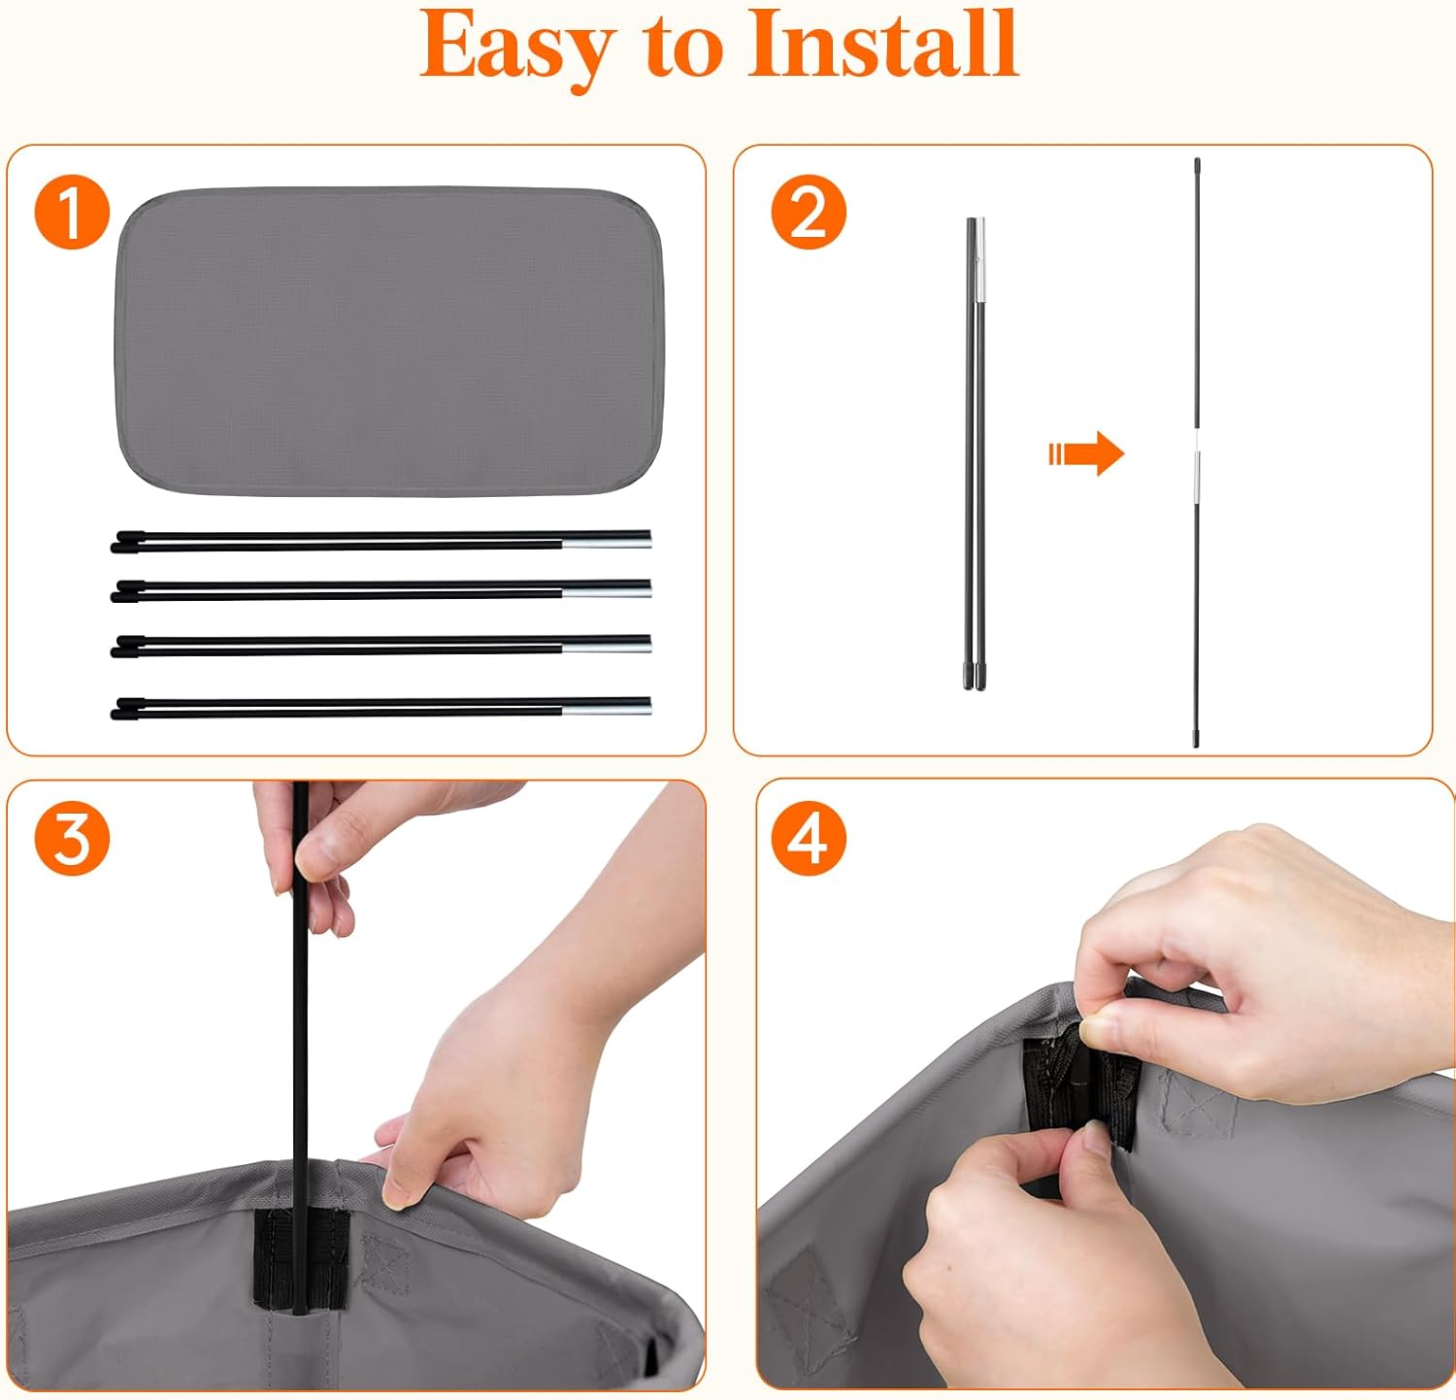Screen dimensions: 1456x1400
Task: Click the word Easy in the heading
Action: pos(519,48)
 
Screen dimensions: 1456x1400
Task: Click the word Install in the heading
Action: pos(883,44)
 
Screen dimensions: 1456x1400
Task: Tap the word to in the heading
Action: pos(684,50)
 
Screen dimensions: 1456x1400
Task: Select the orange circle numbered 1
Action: pos(72,213)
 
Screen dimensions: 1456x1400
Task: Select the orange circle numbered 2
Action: pos(809,213)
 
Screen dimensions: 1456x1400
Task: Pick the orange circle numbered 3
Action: pos(72,838)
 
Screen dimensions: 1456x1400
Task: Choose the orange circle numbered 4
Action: pos(809,838)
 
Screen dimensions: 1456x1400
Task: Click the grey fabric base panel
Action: pos(388,340)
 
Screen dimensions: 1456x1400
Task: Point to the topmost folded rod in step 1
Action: pos(381,541)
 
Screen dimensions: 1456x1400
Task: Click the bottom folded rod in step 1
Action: pos(381,707)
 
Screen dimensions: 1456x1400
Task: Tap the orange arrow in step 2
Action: pos(1086,453)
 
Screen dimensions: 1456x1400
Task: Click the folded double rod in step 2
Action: pos(975,453)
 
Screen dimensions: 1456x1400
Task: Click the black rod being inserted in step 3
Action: pos(300,1049)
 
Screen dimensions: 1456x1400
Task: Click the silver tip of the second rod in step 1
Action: pos(607,587)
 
